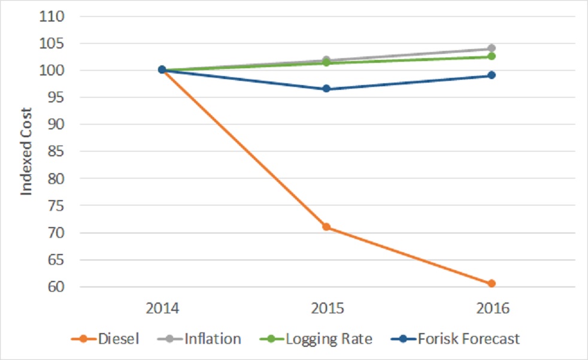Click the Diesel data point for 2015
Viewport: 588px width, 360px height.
[x=326, y=227]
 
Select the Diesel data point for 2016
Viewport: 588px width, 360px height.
[x=491, y=283]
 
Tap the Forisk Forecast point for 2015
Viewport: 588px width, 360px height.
[x=326, y=89]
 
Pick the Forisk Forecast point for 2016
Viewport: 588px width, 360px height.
[x=491, y=75]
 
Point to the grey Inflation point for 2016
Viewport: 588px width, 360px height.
[x=491, y=48]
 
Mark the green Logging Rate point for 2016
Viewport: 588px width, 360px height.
[x=491, y=56]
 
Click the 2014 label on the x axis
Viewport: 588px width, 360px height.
[x=162, y=309]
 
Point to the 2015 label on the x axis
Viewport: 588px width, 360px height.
[x=326, y=309]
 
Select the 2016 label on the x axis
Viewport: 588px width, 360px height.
[x=491, y=309]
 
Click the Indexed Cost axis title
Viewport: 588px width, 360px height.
[x=26, y=152]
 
